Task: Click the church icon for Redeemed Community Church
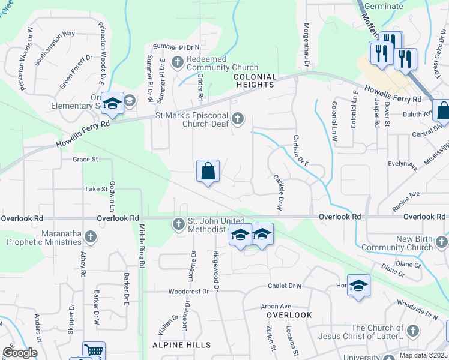[x=178, y=61]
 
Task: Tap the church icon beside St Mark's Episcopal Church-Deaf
[x=238, y=118]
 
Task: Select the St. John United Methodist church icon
[x=178, y=224]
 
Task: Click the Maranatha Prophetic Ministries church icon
[x=91, y=236]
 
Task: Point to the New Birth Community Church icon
[x=441, y=242]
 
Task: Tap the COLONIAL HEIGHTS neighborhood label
[x=255, y=81]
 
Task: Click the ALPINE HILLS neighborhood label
[x=181, y=345]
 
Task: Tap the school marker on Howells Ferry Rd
[x=112, y=104]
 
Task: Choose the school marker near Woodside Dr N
[x=358, y=286]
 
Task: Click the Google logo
[x=19, y=353]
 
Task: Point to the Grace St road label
[x=85, y=160]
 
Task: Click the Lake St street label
[x=95, y=189]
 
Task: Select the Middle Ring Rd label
[x=142, y=246]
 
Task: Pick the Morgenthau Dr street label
[x=306, y=45]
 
